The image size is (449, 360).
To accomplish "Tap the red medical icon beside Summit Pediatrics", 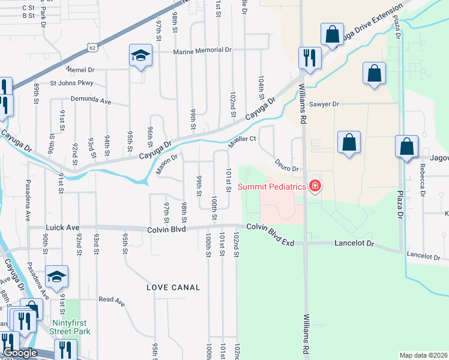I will click(314, 187).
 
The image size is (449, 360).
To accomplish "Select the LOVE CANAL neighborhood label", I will click(173, 287).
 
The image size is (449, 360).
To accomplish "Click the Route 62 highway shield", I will click(91, 46).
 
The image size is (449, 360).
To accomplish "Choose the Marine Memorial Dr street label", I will click(202, 52).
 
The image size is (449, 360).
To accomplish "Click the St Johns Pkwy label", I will click(71, 83).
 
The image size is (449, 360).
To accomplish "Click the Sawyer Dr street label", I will click(324, 104).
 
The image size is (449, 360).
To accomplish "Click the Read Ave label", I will click(111, 299).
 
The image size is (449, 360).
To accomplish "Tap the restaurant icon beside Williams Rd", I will click(310, 58).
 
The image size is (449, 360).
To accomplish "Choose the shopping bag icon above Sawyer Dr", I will click(374, 74).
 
